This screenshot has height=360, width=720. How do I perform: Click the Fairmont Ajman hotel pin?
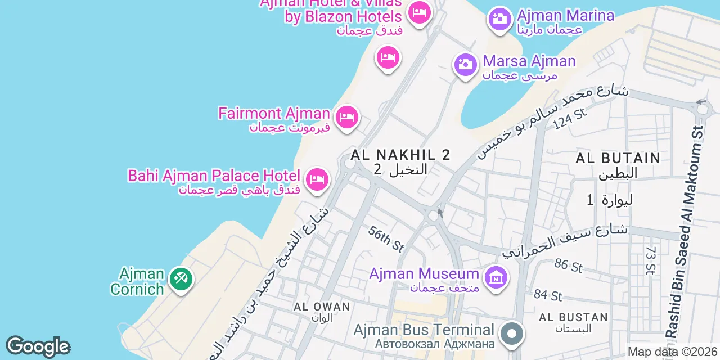[x=347, y=118]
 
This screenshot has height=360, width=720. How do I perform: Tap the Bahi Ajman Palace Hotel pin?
[x=317, y=180]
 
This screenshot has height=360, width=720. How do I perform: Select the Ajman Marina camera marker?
[x=499, y=19]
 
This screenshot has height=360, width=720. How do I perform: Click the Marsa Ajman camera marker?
[x=465, y=65]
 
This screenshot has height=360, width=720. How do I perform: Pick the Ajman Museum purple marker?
[x=496, y=278]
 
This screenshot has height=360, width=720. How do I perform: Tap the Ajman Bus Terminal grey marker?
[x=512, y=333]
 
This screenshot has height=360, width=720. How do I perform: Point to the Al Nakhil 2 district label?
[x=400, y=155]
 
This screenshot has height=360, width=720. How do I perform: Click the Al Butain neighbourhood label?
[x=618, y=158]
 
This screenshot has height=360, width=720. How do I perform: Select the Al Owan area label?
[x=322, y=307]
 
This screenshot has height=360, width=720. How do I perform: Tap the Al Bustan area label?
[x=573, y=317]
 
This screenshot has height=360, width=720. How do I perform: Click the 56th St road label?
[x=387, y=238]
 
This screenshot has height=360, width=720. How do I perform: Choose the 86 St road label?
[x=568, y=265]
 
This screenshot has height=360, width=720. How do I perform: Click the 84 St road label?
[x=548, y=295]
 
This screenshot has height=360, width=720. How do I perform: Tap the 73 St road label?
[x=651, y=260]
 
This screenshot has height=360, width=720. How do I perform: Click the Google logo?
[x=38, y=347]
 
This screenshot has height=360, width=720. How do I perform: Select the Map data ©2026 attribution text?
[x=673, y=352]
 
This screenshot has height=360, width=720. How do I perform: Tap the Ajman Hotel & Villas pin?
[x=419, y=12]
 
